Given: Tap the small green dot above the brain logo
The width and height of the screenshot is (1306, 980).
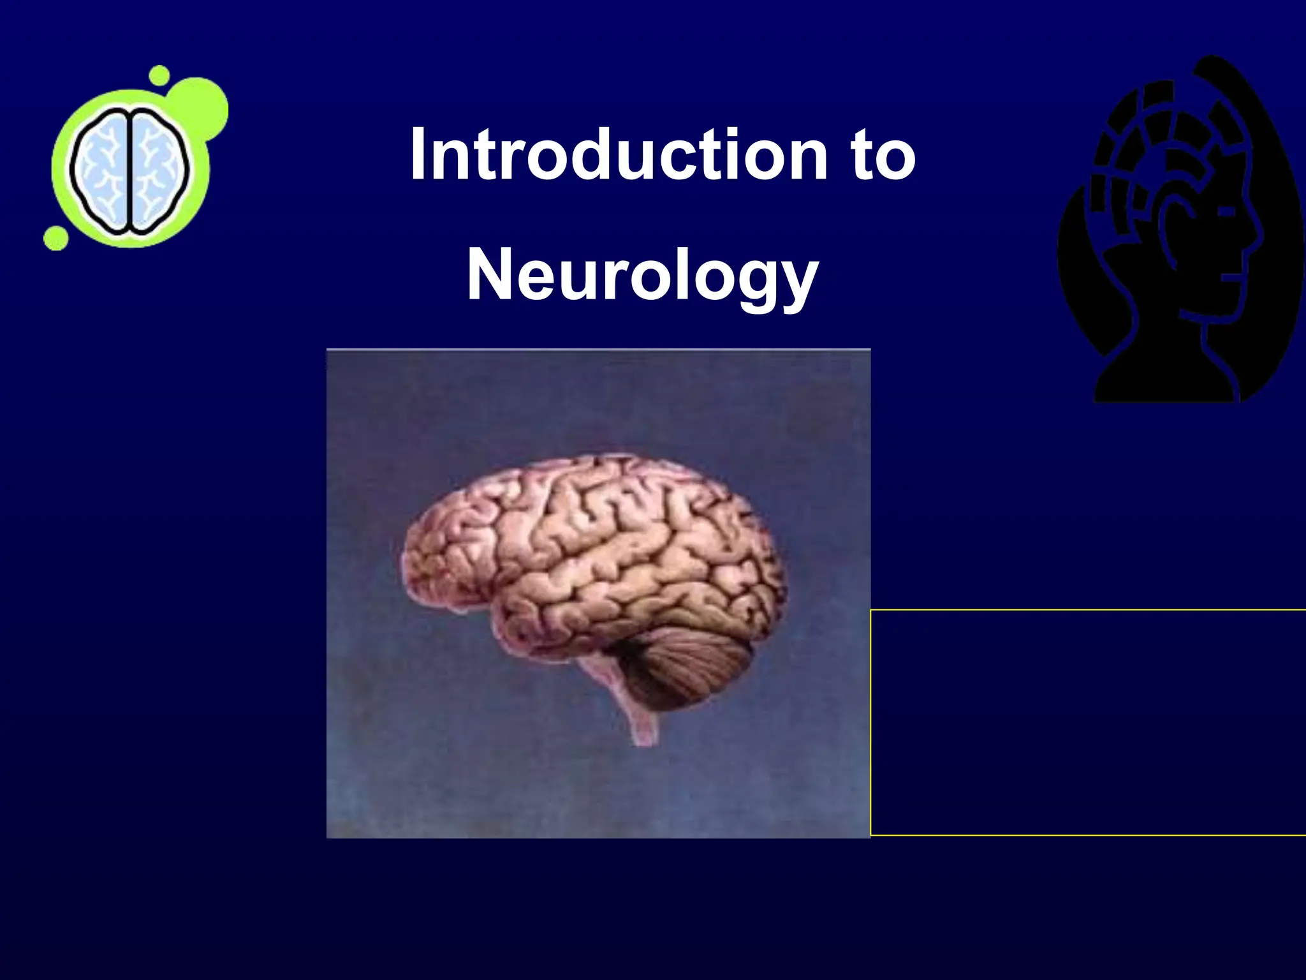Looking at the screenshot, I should [x=159, y=75].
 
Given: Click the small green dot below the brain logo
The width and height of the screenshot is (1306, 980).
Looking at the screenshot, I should [x=56, y=238].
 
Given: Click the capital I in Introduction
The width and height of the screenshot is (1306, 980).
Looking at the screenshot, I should [x=418, y=154].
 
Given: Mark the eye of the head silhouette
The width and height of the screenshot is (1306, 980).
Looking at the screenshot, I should [x=1228, y=209].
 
